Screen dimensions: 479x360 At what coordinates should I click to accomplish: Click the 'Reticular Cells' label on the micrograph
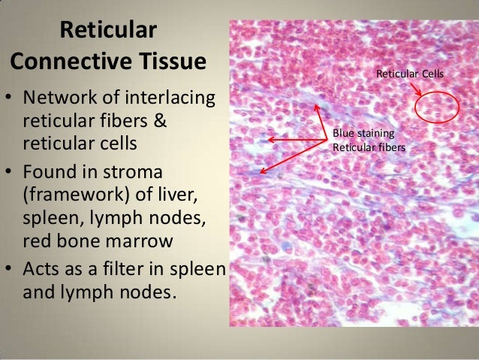coord(410,74)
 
